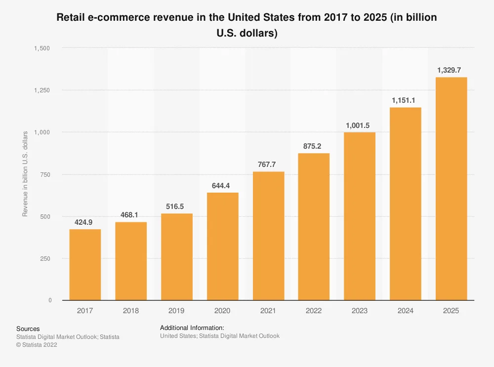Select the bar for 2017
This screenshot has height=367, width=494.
pyautogui.click(x=85, y=265)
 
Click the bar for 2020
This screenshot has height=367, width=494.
pyautogui.click(x=222, y=246)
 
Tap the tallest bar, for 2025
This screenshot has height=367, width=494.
pyautogui.click(x=451, y=189)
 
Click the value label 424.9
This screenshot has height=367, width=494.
pyautogui.click(x=84, y=222)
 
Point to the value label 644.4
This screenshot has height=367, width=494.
pyautogui.click(x=222, y=186)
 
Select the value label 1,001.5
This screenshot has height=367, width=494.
pyautogui.click(x=360, y=125)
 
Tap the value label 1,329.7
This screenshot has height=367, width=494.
pyautogui.click(x=451, y=70)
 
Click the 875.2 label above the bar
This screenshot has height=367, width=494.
pyautogui.click(x=314, y=146)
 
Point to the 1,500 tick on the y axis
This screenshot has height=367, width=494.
pyautogui.click(x=42, y=48)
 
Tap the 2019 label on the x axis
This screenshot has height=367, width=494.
pyautogui.click(x=176, y=311)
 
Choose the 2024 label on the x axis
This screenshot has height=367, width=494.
pyautogui.click(x=405, y=311)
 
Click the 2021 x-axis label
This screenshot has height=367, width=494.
pyautogui.click(x=268, y=311)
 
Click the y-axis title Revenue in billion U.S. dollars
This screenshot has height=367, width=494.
pyautogui.click(x=25, y=174)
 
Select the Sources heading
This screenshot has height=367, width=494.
pyautogui.click(x=28, y=328)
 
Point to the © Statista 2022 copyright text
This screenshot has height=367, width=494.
pyautogui.click(x=37, y=345)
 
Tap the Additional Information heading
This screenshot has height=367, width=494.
pyautogui.click(x=192, y=327)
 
